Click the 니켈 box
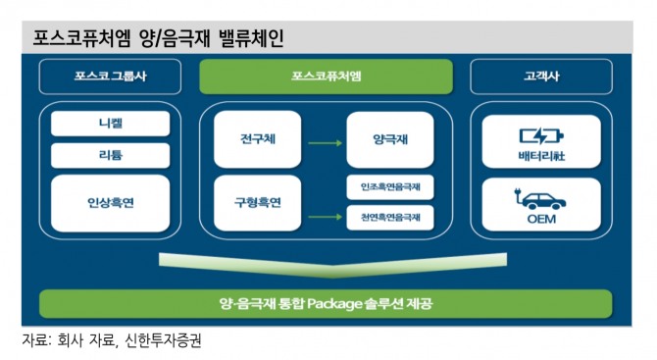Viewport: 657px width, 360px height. (110, 124)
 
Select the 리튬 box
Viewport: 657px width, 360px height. (110, 155)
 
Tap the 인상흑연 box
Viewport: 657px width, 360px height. (110, 202)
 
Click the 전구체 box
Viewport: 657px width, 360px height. (257, 139)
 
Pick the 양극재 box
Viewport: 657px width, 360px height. (389, 139)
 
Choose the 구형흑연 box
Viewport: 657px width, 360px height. (257, 202)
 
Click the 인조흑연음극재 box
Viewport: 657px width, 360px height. (389, 186)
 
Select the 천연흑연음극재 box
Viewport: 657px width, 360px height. (389, 218)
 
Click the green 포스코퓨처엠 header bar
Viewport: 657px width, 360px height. (326, 76)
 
